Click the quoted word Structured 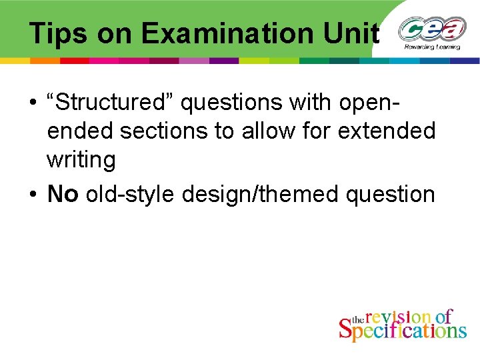click(x=109, y=103)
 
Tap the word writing click(x=81, y=160)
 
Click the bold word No click(x=63, y=194)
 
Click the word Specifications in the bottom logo click(x=403, y=330)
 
